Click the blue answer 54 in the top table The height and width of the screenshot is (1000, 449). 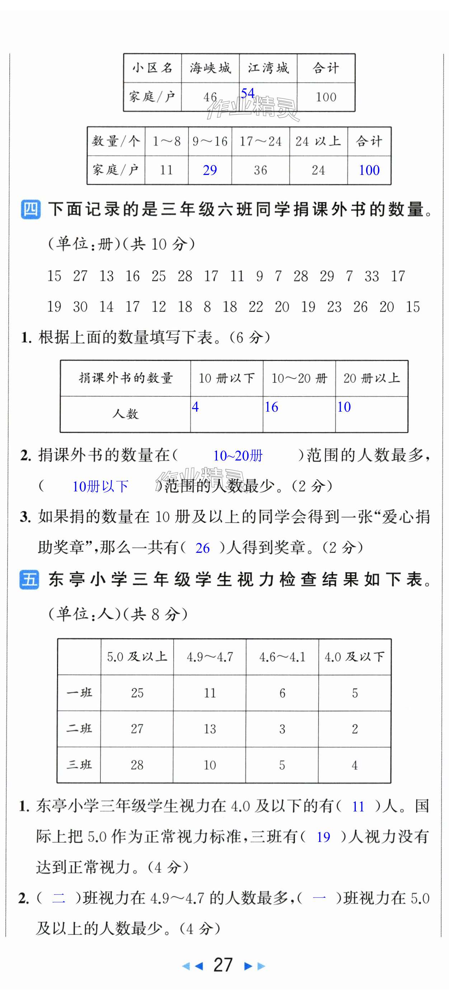tap(247, 93)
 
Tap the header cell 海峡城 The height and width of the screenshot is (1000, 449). tap(210, 68)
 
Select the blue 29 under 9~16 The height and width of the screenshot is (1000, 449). tap(210, 170)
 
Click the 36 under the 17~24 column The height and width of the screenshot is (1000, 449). tap(260, 170)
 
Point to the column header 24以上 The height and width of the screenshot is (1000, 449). tap(318, 141)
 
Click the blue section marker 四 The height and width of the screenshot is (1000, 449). tap(30, 209)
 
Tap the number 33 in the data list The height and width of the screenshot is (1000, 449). tap(372, 276)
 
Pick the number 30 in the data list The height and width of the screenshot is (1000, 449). tap(80, 307)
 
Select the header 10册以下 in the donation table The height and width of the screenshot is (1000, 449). tap(226, 378)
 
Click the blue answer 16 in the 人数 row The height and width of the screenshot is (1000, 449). tap(271, 407)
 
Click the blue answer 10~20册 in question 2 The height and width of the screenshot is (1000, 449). tap(238, 455)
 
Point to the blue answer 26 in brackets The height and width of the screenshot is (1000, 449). tap(202, 548)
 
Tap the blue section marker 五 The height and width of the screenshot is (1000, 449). tap(29, 580)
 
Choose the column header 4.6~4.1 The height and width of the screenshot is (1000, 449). tap(282, 657)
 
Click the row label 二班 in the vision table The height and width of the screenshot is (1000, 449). tap(79, 729)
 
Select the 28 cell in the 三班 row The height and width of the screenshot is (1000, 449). tap(137, 765)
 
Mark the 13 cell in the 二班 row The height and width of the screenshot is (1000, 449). tap(210, 729)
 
